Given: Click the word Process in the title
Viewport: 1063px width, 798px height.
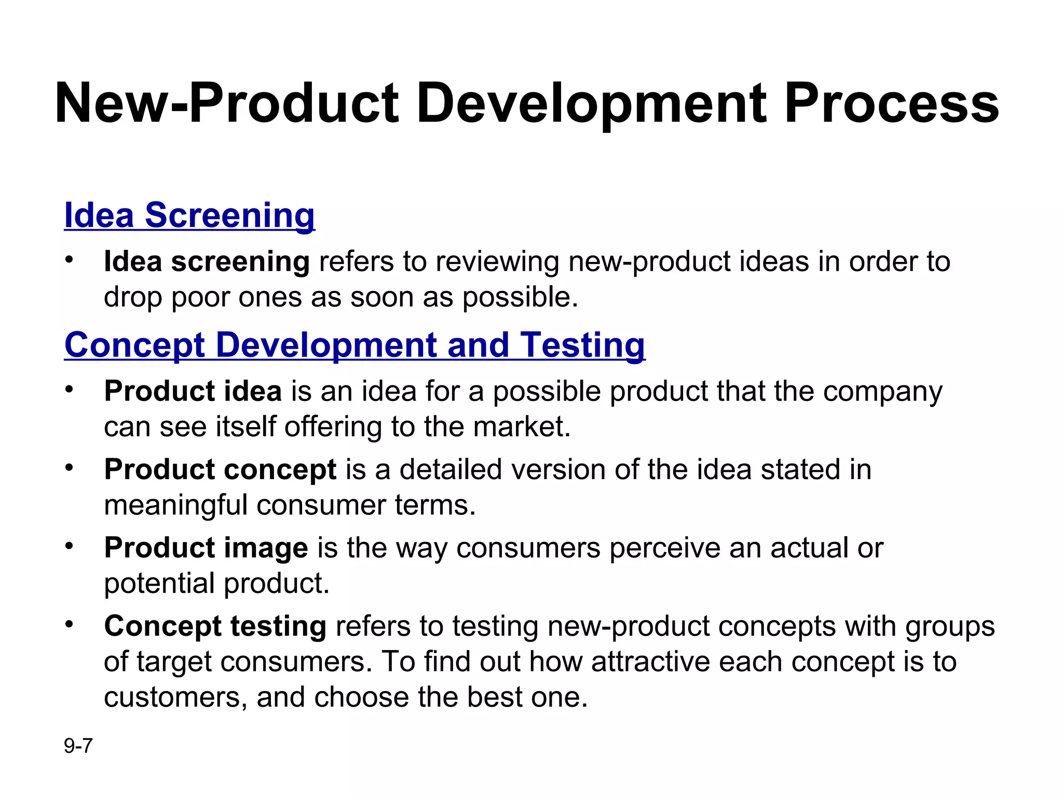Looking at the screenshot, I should coord(891,104).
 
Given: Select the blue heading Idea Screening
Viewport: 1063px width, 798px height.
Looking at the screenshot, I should coord(189,215).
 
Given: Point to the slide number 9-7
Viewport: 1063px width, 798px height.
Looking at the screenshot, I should coord(78,746).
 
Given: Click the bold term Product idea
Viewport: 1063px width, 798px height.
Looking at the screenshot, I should coord(193,391).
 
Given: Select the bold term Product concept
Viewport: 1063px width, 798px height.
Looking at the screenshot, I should coord(220,469).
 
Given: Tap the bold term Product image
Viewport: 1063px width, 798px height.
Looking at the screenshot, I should coord(206,548).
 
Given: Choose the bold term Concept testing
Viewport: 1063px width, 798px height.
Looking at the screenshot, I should coord(215,626).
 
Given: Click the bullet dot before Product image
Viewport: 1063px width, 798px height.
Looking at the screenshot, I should coord(70,546).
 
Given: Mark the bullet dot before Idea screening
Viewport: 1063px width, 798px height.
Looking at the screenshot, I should coord(70,259).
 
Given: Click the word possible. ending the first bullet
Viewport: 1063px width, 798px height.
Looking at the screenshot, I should coord(520,298).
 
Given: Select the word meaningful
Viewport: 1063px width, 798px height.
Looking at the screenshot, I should coord(175,506).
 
